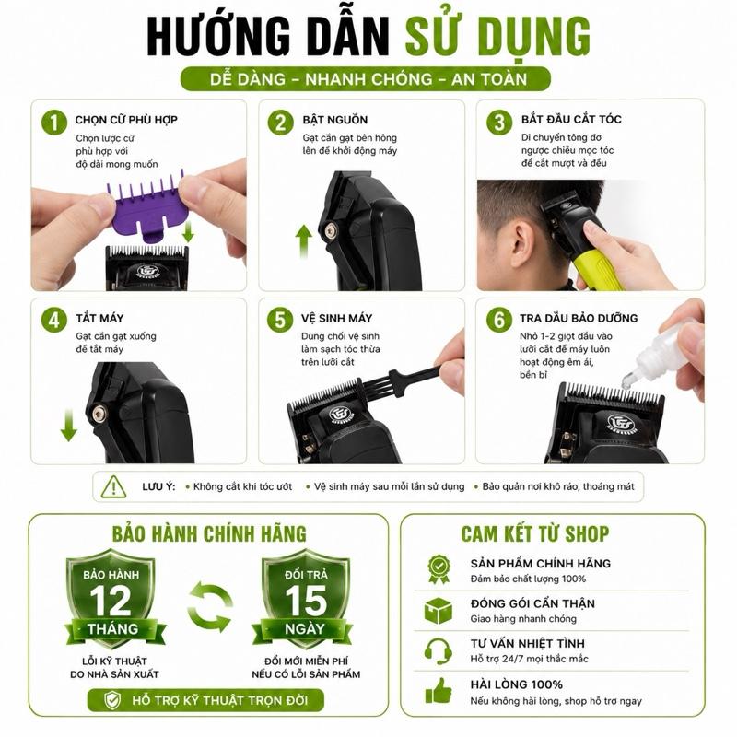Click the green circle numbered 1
click(54, 123)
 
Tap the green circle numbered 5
click(280, 320)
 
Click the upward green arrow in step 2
click(304, 241)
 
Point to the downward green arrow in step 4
click(68, 425)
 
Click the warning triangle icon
click(113, 487)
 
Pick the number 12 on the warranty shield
click(111, 602)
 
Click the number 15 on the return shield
click(306, 602)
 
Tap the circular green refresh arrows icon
click(210, 607)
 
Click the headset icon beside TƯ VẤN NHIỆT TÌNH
click(439, 651)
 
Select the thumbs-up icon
click(439, 691)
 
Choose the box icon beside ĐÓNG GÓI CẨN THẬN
click(439, 611)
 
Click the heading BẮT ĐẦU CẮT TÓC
click(571, 120)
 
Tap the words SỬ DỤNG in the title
click(497, 37)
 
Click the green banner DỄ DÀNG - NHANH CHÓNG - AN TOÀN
click(366, 79)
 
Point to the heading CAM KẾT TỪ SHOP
click(535, 534)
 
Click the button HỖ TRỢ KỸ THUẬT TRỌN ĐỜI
click(205, 700)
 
